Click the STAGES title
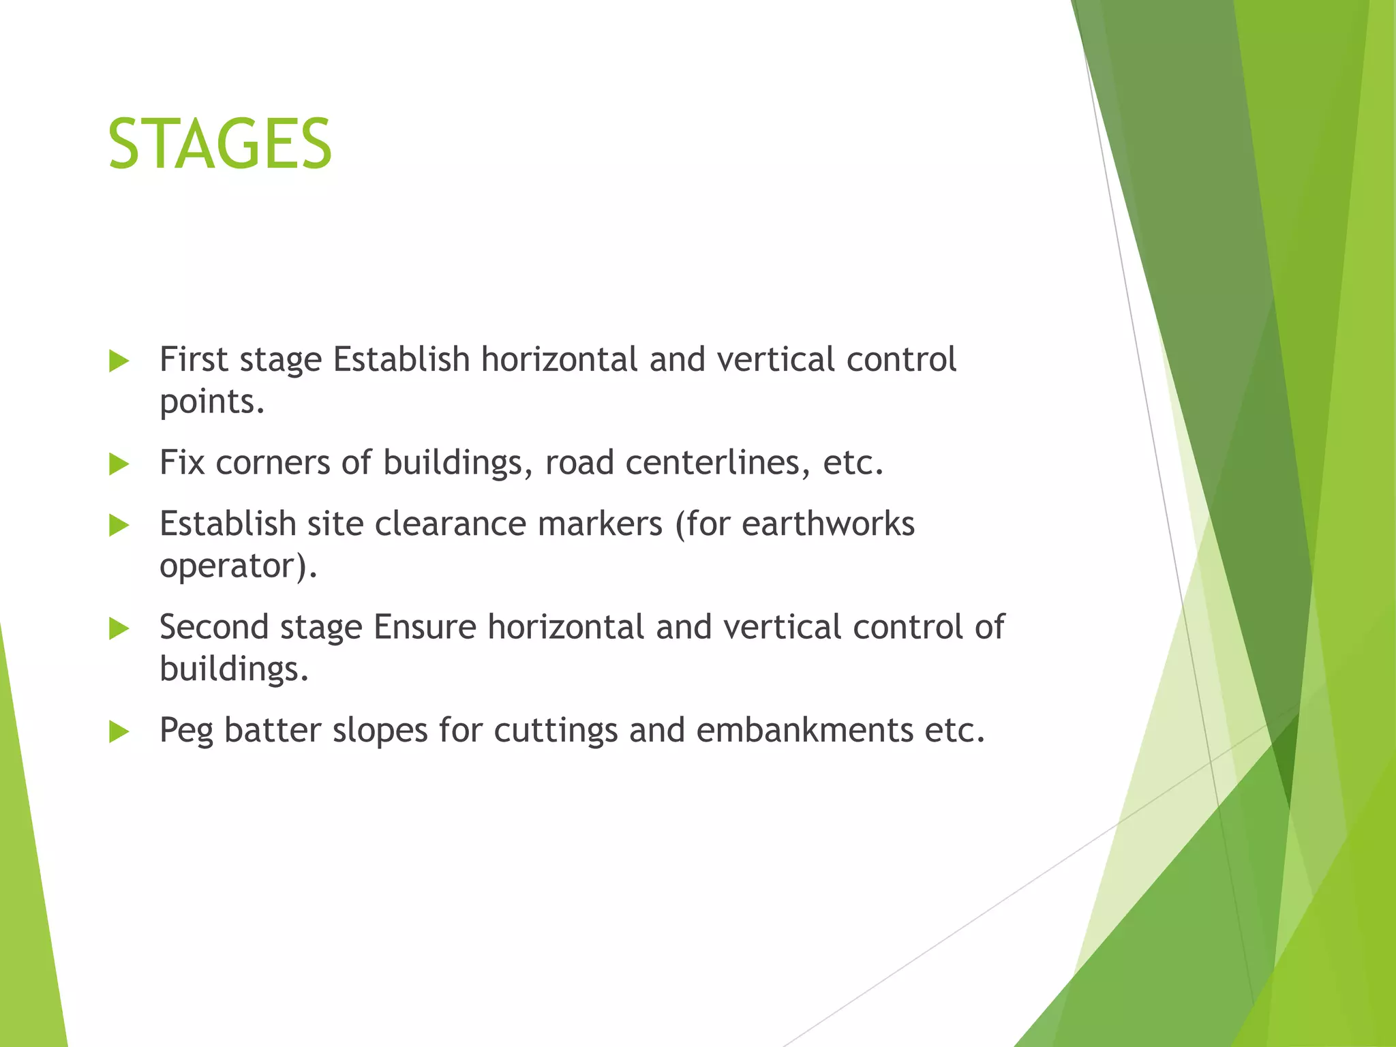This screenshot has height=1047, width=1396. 219,145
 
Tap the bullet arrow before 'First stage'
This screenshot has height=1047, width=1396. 119,361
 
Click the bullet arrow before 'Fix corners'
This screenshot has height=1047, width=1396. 119,465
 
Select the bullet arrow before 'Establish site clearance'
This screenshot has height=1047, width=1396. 119,526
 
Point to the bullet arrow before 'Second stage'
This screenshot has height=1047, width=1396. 119,628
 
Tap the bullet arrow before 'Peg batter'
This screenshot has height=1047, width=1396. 119,732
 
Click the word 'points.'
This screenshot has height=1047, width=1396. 211,402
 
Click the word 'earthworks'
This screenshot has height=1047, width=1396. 828,524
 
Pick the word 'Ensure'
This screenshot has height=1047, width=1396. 424,627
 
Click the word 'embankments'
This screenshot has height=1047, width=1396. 804,731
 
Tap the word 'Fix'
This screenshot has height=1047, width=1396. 182,463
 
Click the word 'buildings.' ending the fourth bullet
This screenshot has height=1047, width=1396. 234,669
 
